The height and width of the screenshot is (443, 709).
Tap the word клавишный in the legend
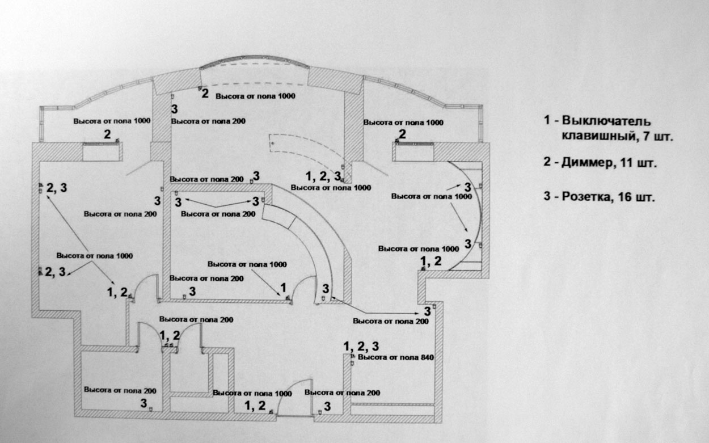pos(590,136)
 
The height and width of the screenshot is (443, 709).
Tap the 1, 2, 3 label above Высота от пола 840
pos(361,346)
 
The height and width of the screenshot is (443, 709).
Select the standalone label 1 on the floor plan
pos(283,287)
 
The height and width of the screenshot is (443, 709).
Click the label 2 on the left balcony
pos(107,134)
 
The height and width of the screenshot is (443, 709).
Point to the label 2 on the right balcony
pos(402,134)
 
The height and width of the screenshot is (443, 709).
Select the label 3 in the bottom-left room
pos(144,403)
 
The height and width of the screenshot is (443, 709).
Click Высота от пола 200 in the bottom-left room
pos(120,390)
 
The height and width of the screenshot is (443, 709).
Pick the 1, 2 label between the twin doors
pos(170,335)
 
